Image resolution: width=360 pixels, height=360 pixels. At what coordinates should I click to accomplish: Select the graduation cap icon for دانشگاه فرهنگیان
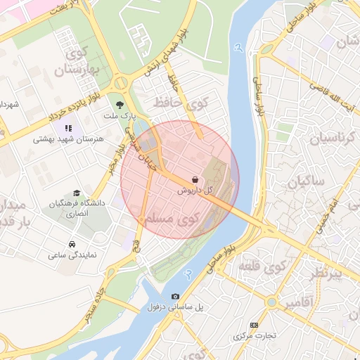point(76,192)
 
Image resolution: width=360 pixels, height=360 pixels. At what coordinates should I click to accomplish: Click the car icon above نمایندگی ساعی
point(72,244)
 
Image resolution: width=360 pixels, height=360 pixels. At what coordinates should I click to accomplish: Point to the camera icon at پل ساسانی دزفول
point(175,297)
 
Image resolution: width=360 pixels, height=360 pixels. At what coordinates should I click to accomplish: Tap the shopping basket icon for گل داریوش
point(194,179)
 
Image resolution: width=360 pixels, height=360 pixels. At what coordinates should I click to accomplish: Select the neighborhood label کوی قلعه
point(266,267)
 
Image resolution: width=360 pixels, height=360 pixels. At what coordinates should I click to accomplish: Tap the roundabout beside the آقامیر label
point(271,302)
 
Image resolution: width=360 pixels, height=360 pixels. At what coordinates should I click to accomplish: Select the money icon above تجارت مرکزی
point(254,325)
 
